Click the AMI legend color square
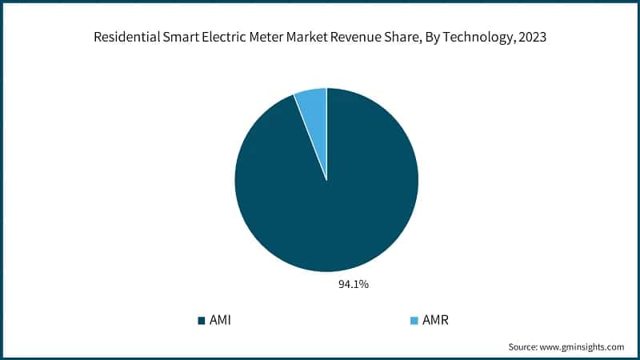tap(201, 321)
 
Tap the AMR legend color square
tap(414, 321)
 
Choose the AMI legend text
tap(220, 321)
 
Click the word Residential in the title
tap(129, 38)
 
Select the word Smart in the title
tap(180, 38)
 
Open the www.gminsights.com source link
tap(583, 347)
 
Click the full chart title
tap(320, 38)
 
